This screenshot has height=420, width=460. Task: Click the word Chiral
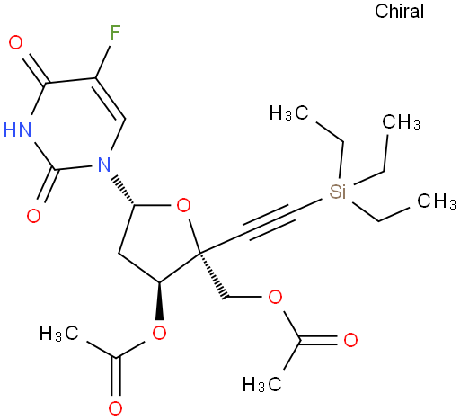click(399, 12)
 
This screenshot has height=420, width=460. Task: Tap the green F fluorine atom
click(115, 32)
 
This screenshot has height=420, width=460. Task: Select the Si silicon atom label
click(338, 192)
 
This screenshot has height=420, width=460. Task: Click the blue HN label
click(18, 130)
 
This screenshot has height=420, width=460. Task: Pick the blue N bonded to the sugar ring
click(104, 165)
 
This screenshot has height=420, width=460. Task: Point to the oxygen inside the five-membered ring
click(183, 206)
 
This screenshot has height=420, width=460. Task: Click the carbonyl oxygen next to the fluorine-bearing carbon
click(15, 42)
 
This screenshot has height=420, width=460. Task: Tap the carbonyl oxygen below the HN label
click(33, 216)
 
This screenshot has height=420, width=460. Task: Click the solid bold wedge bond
click(160, 300)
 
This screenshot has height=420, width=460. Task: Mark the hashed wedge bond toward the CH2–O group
click(213, 275)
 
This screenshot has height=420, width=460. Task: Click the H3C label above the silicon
click(288, 113)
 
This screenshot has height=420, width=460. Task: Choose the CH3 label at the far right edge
click(437, 201)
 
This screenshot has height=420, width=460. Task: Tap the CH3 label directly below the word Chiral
click(402, 122)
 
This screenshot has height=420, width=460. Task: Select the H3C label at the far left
click(59, 333)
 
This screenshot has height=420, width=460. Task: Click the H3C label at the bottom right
click(261, 384)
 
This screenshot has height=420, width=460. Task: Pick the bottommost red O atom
click(115, 408)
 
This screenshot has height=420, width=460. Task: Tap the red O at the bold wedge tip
click(159, 333)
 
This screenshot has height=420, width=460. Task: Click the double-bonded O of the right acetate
click(350, 340)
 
